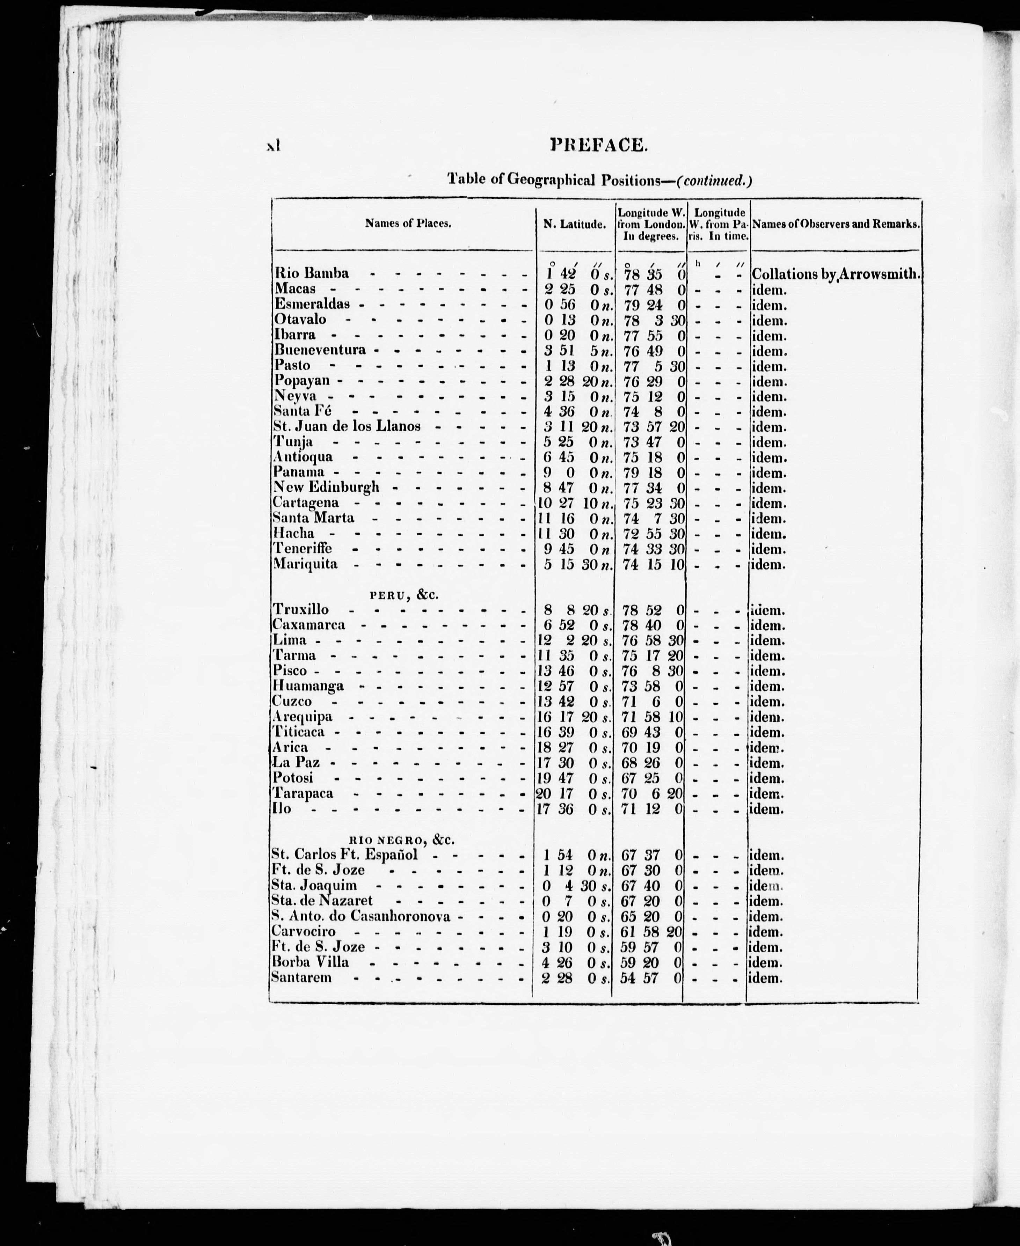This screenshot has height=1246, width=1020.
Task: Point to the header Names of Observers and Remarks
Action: click(x=836, y=224)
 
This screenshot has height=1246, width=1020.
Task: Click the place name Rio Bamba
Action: click(x=311, y=273)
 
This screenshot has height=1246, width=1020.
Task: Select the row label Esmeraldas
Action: click(x=312, y=304)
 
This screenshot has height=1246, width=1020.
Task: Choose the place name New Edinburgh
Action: click(x=326, y=487)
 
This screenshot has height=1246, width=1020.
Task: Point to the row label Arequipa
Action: click(x=302, y=717)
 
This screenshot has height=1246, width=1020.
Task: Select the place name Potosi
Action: click(x=293, y=778)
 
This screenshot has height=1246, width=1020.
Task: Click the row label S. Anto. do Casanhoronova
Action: click(x=361, y=916)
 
